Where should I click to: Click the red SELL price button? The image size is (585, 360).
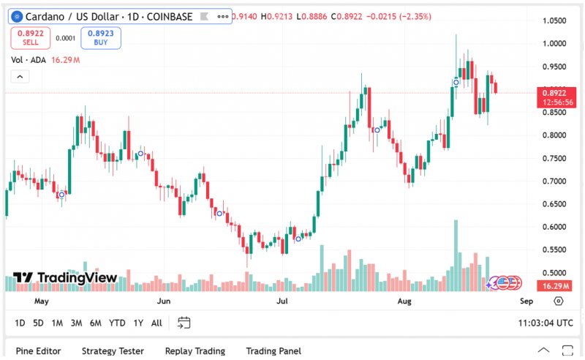click(x=30, y=37)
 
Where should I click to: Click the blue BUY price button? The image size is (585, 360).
click(x=101, y=37)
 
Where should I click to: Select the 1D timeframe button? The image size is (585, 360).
click(x=20, y=323)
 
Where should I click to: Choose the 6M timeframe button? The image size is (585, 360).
click(x=95, y=323)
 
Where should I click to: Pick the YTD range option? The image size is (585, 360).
click(x=117, y=323)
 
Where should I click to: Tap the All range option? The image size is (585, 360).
click(x=156, y=323)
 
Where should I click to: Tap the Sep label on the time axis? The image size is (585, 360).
click(x=525, y=301)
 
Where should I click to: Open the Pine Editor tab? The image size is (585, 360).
click(x=39, y=351)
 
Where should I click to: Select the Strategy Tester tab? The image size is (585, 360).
click(x=113, y=351)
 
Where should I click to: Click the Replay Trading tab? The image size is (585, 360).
click(x=195, y=351)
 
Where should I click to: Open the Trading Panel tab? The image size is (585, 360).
click(x=273, y=351)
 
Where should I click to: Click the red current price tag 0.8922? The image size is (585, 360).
click(x=553, y=93)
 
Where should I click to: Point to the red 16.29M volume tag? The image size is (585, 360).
click(x=554, y=285)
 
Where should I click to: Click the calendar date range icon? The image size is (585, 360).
click(x=184, y=323)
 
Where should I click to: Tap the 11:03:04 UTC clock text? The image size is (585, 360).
click(x=546, y=323)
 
